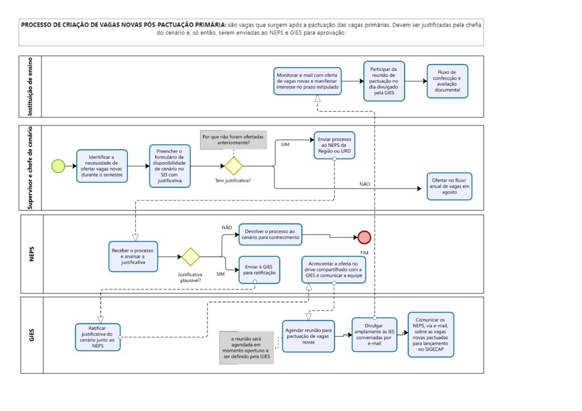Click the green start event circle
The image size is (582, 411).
click(59, 166)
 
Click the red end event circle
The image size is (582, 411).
click(364, 237)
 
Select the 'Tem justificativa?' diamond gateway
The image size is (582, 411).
click(234, 166)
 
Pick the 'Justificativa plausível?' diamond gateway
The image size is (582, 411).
click(191, 257)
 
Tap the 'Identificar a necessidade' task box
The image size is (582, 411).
click(102, 166)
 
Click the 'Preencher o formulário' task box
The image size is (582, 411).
click(169, 166)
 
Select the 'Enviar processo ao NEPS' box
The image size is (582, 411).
click(334, 145)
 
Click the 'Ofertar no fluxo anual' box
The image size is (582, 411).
click(449, 186)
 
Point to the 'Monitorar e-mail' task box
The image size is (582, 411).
click(307, 81)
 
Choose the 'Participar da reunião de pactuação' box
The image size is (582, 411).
click(384, 81)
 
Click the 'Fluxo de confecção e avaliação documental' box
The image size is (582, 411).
click(447, 81)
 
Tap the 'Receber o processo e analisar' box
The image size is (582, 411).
click(133, 257)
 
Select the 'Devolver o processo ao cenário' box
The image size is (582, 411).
click(270, 234)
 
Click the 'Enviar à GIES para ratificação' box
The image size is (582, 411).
click(259, 270)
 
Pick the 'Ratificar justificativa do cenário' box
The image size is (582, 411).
click(98, 337)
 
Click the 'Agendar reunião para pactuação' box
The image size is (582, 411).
click(308, 336)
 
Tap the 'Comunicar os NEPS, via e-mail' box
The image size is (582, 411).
click(431, 335)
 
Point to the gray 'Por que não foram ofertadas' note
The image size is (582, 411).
click(234, 140)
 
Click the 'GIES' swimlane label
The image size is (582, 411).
click(32, 335)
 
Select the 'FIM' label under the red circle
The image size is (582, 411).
click(364, 253)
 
